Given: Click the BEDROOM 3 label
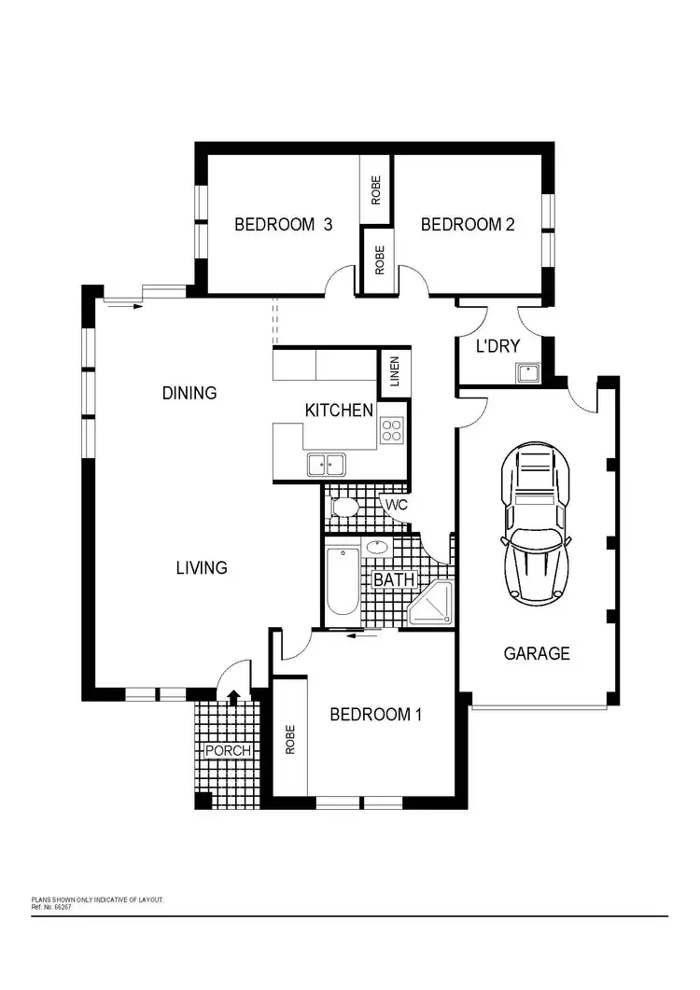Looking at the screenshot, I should click(x=283, y=224).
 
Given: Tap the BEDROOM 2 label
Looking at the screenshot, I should click(x=468, y=224).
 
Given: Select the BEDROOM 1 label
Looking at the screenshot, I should click(x=376, y=715).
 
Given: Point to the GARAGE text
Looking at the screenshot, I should click(x=536, y=653).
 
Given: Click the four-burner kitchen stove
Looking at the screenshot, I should click(x=392, y=430).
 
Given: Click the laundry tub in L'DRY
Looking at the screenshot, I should click(x=528, y=372).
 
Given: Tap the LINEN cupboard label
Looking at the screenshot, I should click(x=394, y=371).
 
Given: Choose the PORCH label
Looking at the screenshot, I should click(x=228, y=751).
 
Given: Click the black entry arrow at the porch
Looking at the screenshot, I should click(x=233, y=694).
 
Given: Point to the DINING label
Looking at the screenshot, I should click(x=189, y=393).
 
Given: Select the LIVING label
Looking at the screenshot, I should click(x=202, y=566).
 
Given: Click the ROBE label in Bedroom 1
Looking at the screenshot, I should click(x=289, y=739).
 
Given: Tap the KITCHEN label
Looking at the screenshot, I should click(x=340, y=410).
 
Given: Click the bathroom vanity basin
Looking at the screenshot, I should click(x=379, y=548).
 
